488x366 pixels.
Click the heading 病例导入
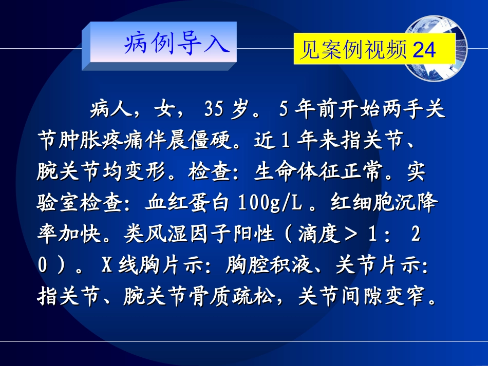point(175,45)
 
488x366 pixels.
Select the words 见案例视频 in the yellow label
point(354,50)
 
